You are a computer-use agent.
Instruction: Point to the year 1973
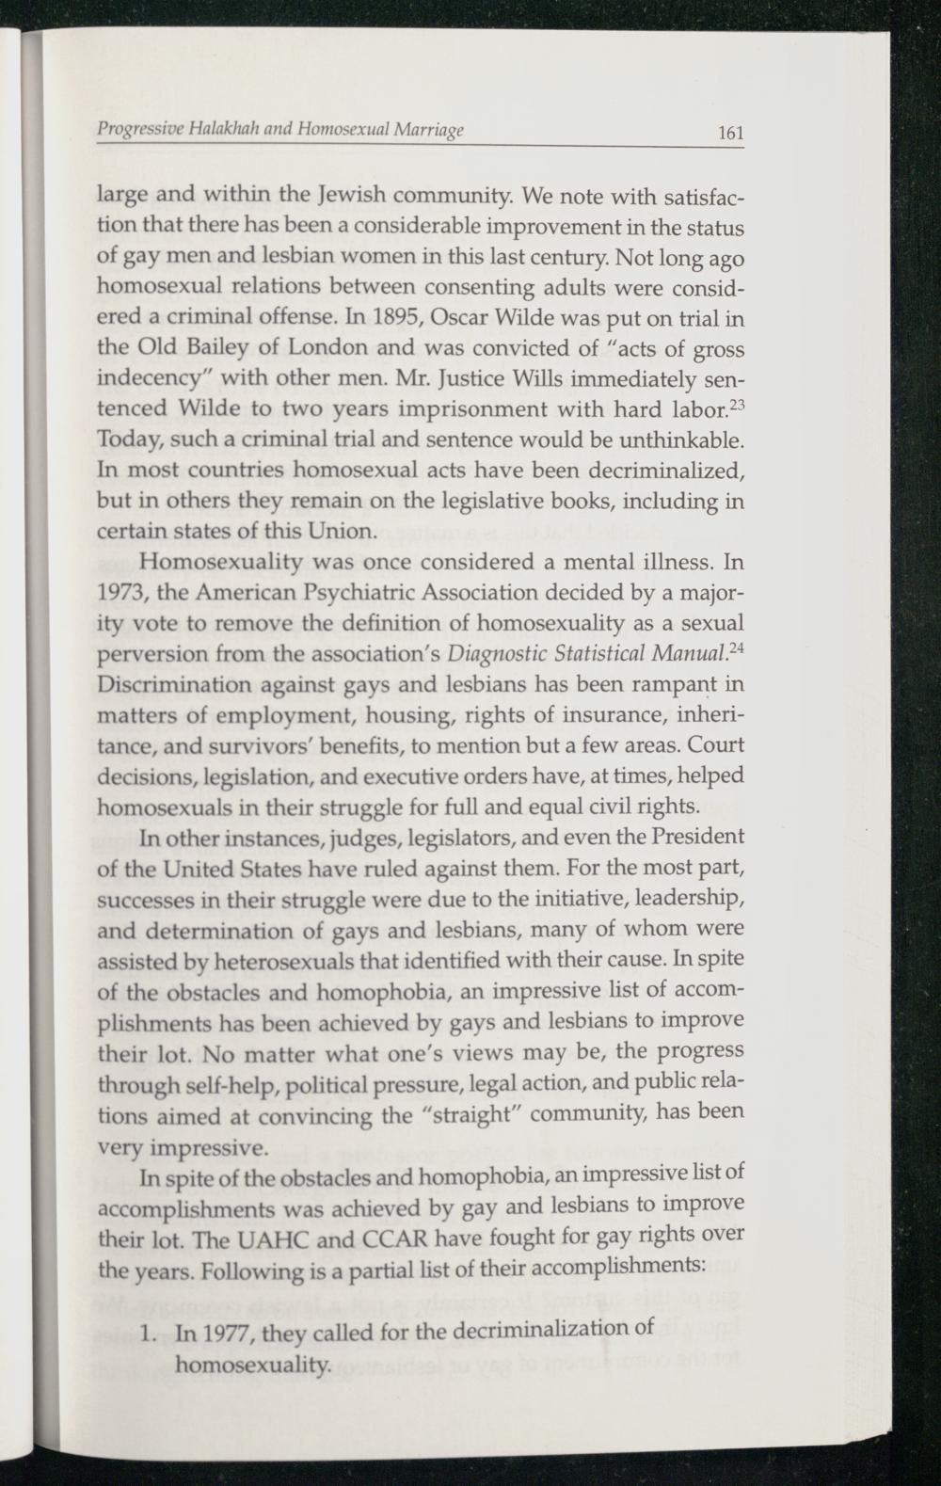121,594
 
